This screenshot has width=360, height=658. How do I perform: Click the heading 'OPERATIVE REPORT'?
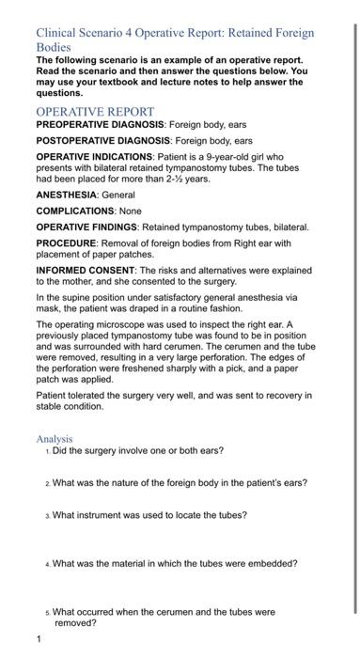coord(94,111)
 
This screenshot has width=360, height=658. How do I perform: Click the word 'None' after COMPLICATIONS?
coord(130,211)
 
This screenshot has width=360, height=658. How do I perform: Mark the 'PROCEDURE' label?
coord(66,243)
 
